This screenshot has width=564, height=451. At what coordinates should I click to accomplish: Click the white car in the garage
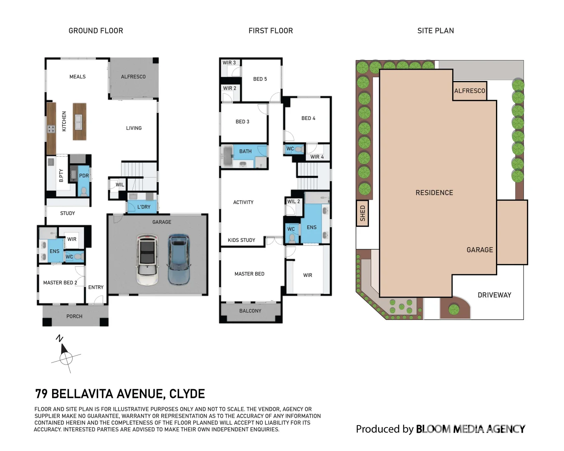(147, 260)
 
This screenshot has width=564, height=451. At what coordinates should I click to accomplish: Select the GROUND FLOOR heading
(96, 31)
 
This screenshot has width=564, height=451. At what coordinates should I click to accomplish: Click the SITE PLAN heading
(435, 31)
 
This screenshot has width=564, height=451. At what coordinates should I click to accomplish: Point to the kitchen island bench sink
(78, 122)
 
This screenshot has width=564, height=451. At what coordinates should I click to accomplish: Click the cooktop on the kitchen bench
(51, 129)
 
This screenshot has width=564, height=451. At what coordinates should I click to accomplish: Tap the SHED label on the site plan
(362, 213)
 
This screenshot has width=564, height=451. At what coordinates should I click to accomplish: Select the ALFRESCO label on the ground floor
(133, 77)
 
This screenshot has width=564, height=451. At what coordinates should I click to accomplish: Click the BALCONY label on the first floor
(250, 311)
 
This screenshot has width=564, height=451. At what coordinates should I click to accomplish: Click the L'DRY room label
(144, 207)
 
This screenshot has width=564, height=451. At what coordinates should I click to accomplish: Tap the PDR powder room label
(84, 176)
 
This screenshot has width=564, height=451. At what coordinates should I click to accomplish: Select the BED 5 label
(260, 79)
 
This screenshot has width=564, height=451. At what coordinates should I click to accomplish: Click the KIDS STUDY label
(241, 240)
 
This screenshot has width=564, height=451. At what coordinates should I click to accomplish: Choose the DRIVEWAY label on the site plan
(494, 295)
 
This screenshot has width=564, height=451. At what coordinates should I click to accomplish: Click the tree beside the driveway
(454, 309)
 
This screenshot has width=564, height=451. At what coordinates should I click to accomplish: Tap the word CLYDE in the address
(187, 394)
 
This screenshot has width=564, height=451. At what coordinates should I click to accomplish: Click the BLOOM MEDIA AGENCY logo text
(470, 429)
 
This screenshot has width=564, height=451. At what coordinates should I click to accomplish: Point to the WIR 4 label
(317, 157)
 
